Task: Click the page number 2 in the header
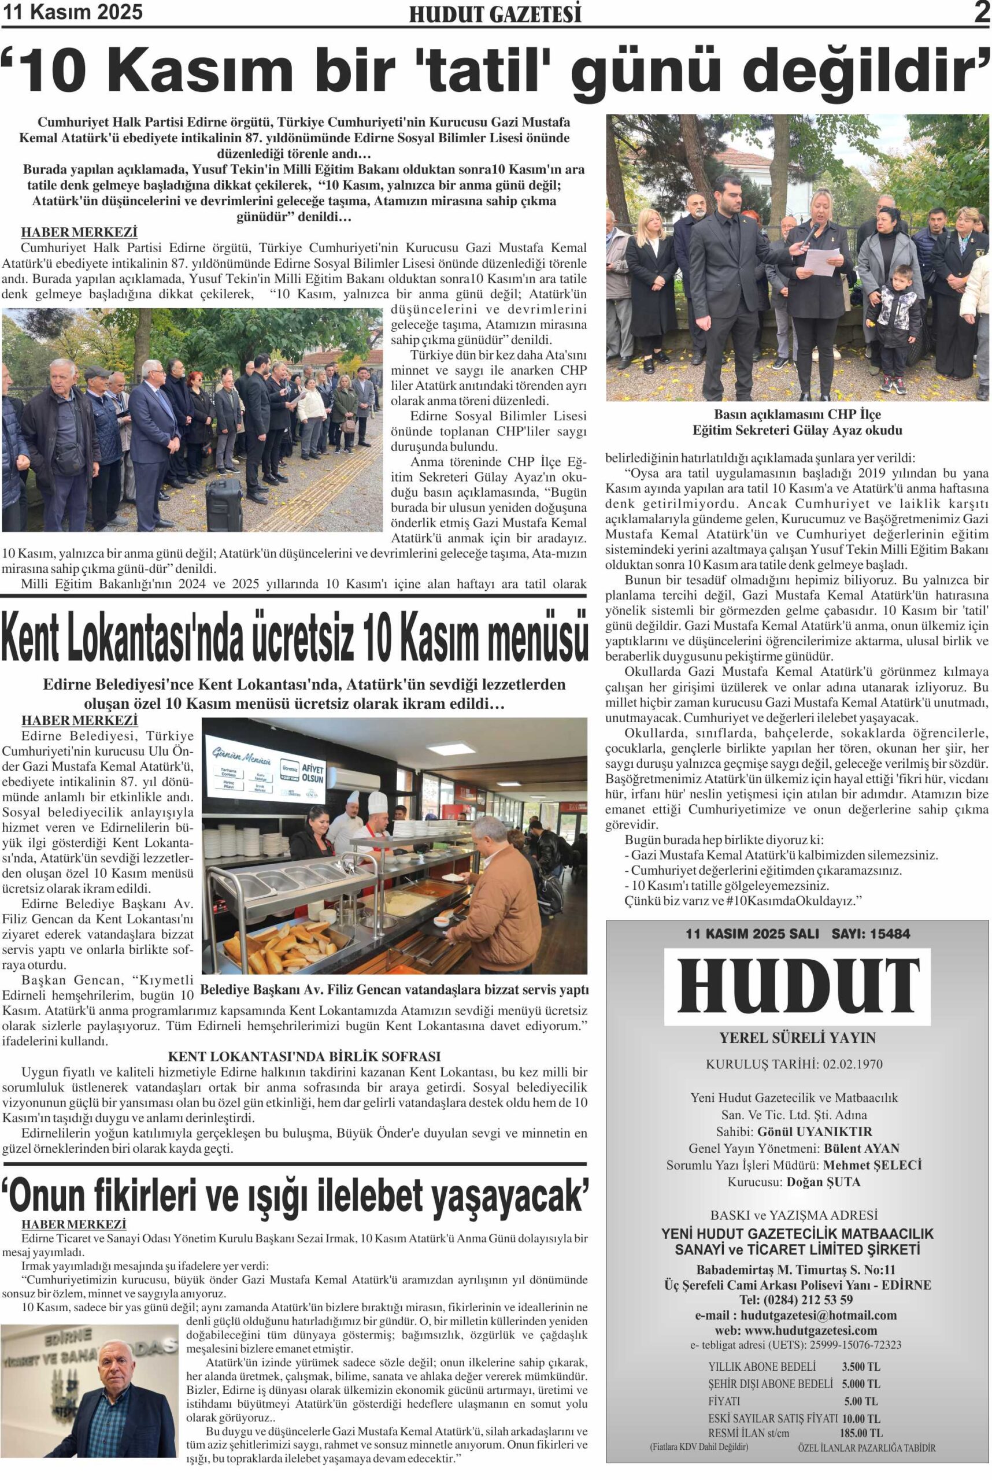coord(982,12)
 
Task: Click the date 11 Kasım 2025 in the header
coord(73,12)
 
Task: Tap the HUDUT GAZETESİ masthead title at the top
coord(495,14)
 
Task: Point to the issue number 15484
coord(889,933)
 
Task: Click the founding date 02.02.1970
coord(853,1064)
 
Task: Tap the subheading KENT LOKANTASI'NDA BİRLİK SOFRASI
coord(304,1056)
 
